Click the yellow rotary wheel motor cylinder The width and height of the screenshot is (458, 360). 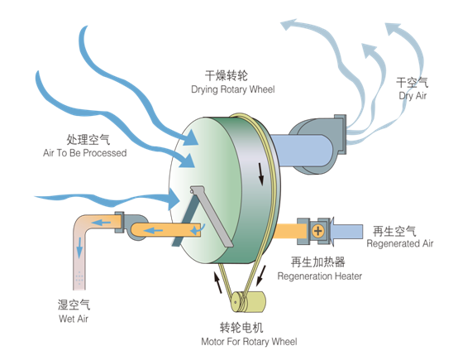point(249,302)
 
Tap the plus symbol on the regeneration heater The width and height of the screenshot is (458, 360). point(317,231)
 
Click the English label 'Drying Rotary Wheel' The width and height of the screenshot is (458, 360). point(233,89)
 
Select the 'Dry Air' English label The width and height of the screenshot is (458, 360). point(413,96)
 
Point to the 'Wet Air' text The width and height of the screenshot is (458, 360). point(74,319)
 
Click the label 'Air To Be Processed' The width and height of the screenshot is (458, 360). point(84,152)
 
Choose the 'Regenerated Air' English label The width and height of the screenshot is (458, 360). point(400,243)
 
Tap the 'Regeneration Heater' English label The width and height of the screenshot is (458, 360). point(320,276)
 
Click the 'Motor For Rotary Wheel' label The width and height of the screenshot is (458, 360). point(249,341)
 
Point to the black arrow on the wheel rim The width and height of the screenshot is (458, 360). point(261,174)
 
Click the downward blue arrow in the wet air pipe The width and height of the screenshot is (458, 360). point(79,247)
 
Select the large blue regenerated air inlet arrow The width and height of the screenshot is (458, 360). point(346,231)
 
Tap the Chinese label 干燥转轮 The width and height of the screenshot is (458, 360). point(227,76)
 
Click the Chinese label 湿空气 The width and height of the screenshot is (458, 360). point(74,305)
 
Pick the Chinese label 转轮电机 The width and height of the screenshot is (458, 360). point(241,328)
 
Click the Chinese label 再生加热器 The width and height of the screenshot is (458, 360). point(317,262)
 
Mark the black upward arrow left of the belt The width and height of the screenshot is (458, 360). point(217,282)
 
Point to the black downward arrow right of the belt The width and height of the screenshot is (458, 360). point(261,276)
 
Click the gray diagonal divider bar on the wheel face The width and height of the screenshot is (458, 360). point(211,215)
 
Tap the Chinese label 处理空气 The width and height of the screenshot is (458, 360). point(88,140)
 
